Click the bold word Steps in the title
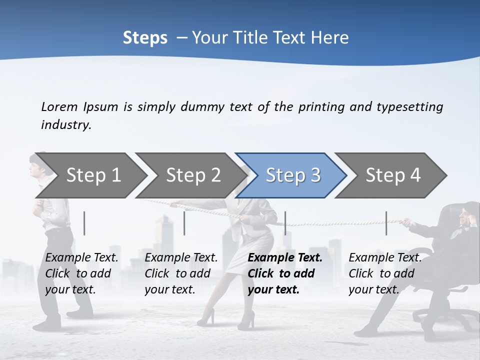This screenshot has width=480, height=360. pos(145,38)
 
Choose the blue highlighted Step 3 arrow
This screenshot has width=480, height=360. pos(293,175)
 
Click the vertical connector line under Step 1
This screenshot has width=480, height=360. pos(84,223)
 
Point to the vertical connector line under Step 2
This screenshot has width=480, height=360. pos(184,223)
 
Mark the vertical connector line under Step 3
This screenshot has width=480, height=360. pos(285,223)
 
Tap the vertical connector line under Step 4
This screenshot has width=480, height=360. pos(386,223)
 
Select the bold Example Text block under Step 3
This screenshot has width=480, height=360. pos(285,273)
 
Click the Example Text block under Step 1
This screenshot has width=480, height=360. pos(81,273)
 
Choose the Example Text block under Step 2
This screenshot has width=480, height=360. pos(181,273)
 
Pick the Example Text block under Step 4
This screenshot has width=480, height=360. pos(385,273)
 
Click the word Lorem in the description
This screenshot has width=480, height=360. pos(59,106)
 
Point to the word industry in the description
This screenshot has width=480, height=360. pos(66,125)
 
